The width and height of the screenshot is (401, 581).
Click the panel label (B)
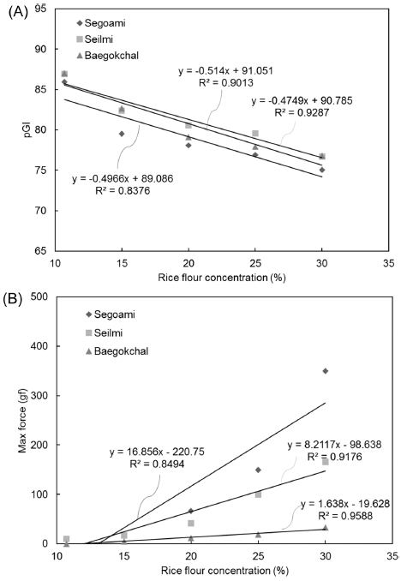[x=13, y=299]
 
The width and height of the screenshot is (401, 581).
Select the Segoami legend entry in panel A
[x=101, y=23]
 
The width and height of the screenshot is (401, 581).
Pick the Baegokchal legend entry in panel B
[x=117, y=350]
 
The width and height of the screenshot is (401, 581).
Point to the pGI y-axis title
[x=27, y=129]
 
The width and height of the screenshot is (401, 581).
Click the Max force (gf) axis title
[x=23, y=424]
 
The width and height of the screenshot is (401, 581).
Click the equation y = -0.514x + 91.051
[x=225, y=71]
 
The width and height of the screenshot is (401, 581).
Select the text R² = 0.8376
[x=123, y=191]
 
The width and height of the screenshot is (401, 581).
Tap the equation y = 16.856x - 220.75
[x=157, y=452]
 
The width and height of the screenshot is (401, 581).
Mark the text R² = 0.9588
[x=345, y=516]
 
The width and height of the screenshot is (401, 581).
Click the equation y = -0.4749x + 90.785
[x=302, y=101]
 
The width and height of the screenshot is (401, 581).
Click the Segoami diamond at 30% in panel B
[x=326, y=371]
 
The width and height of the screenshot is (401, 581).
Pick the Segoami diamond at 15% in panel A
[x=122, y=134]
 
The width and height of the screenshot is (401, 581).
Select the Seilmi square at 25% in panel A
[x=255, y=134]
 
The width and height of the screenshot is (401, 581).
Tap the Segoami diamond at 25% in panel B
[x=258, y=470]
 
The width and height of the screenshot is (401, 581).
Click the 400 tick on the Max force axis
[x=39, y=346]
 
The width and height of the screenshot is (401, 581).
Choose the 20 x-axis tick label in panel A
[x=189, y=263]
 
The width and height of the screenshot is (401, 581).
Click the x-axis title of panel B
[x=224, y=570]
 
